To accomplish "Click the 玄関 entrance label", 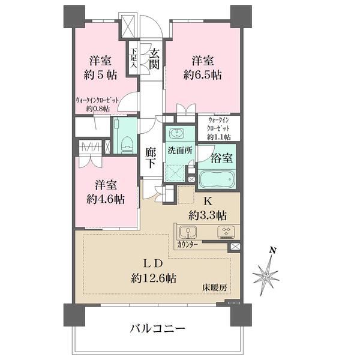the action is point(154,59).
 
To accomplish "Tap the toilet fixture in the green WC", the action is point(127,145).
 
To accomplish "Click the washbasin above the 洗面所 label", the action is point(176,133).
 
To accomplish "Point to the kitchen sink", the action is point(188,232).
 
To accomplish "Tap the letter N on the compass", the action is point(272,250).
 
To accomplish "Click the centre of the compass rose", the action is point(266,276).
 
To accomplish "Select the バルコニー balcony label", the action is point(157,329).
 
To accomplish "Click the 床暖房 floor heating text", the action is point(215,287).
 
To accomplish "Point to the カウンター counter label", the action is point(187,245).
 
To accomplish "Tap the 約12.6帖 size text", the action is point(154,278).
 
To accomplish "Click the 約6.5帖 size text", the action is point(203,75).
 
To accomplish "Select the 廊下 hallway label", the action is point(151,158).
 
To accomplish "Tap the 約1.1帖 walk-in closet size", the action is point(219,137).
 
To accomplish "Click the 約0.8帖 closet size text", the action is point(98,109).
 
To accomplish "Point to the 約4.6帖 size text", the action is point(106,199).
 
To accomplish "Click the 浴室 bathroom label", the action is point(221,158).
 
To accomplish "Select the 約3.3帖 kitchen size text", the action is point(208,215).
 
